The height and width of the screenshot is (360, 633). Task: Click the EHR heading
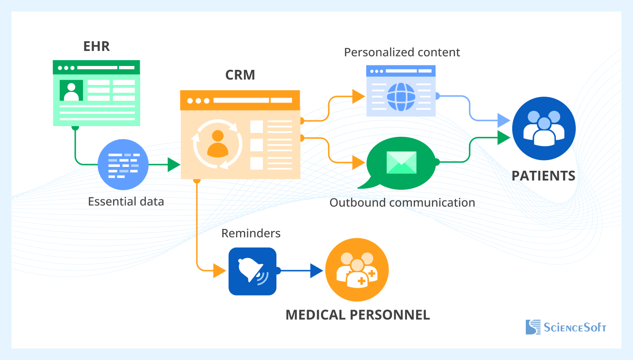[x=96, y=47]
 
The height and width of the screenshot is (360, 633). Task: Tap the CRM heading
[x=240, y=75]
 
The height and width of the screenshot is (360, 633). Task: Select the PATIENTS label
[x=543, y=176]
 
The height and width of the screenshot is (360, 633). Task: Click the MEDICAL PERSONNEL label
[x=357, y=315]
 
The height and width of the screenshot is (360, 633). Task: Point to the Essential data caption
[x=126, y=201]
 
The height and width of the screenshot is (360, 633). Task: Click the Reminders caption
[x=251, y=233]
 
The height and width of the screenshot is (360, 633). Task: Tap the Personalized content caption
[x=402, y=52]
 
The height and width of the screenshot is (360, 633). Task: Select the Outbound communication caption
[x=402, y=202]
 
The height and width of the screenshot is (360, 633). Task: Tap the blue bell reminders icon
[x=252, y=271]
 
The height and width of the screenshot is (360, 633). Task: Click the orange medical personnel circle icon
[x=357, y=270]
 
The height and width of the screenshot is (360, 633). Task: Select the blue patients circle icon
[x=544, y=129]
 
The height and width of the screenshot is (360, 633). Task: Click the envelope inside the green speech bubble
[x=401, y=162]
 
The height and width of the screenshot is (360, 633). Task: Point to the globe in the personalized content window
[x=401, y=97]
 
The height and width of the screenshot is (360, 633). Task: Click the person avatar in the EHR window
[x=71, y=91]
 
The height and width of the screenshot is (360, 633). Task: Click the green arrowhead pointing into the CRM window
[x=174, y=165]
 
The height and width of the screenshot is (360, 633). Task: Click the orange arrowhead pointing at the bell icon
[x=220, y=270]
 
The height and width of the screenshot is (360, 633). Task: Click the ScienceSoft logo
[x=566, y=327]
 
